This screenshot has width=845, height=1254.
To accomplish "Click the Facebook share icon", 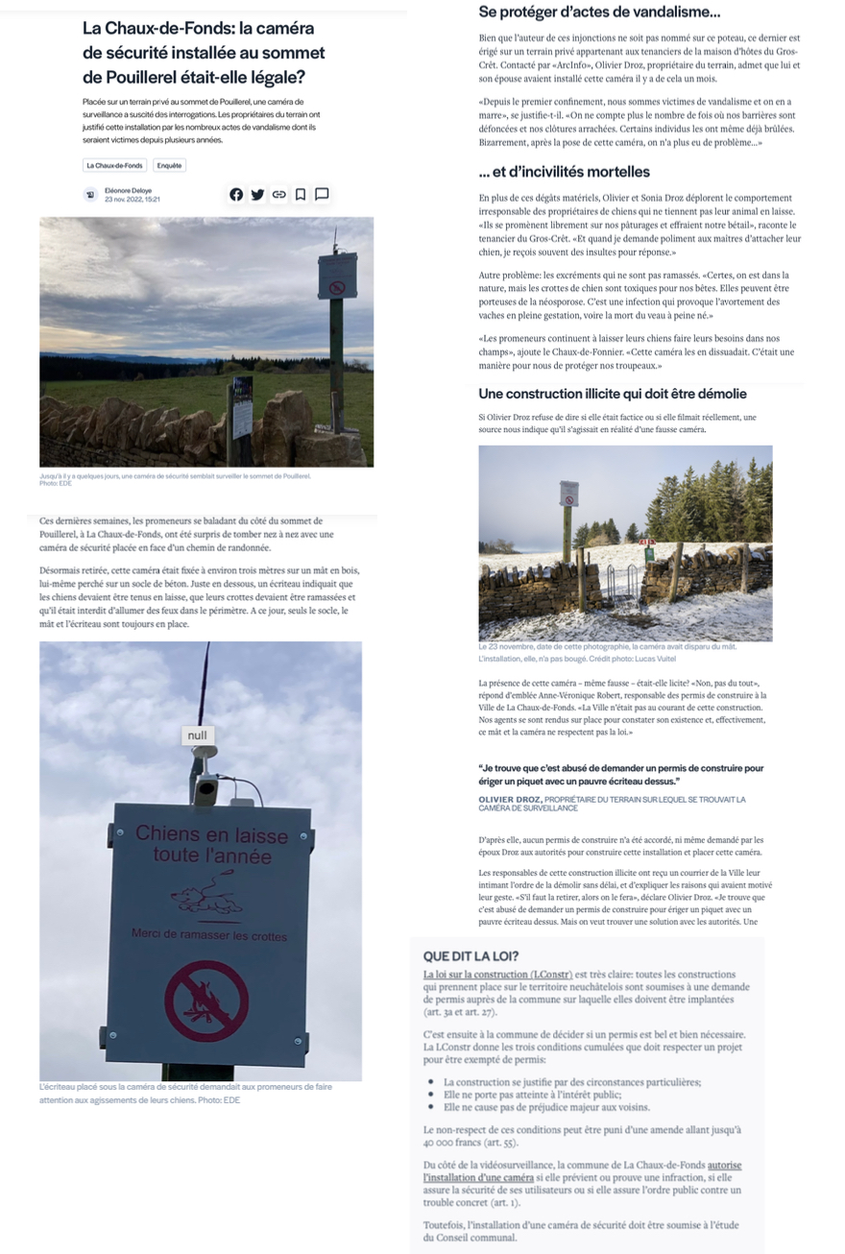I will coord(236,194).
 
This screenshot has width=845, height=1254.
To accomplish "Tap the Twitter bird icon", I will coord(257,194).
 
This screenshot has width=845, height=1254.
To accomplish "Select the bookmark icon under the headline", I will coord(301,194).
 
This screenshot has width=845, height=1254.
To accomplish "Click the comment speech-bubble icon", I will coord(322,194).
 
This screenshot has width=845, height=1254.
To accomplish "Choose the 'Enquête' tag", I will coord(170,165).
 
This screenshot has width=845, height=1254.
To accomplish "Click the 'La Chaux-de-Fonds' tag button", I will coord(114,165).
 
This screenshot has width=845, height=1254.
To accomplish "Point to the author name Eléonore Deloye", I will coord(128,190).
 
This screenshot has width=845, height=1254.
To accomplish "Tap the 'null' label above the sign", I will coord(198,735).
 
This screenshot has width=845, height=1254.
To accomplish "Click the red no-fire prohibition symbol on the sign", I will coord(206,1001).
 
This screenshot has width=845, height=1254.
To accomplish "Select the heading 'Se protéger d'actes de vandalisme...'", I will coord(599,12).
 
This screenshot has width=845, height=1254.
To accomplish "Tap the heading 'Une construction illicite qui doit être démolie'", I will coord(613,394).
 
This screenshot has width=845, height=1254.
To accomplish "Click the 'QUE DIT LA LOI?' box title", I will coord(471,956).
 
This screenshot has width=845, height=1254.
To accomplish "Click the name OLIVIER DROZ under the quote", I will coord(510,799).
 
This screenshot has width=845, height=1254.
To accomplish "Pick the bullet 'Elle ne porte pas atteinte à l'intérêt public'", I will coord(532,1094).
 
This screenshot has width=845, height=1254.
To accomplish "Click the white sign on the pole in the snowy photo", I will coord(568,494).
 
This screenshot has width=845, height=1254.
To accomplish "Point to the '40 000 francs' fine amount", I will coord(446,1144).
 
